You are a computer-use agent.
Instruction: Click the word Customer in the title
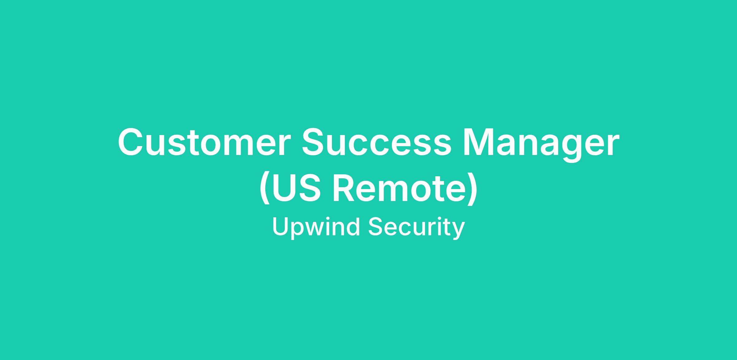[x=204, y=142]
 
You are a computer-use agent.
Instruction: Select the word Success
[x=377, y=142]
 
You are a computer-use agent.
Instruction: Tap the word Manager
[x=541, y=145]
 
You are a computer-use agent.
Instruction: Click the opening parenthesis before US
[x=265, y=189]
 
